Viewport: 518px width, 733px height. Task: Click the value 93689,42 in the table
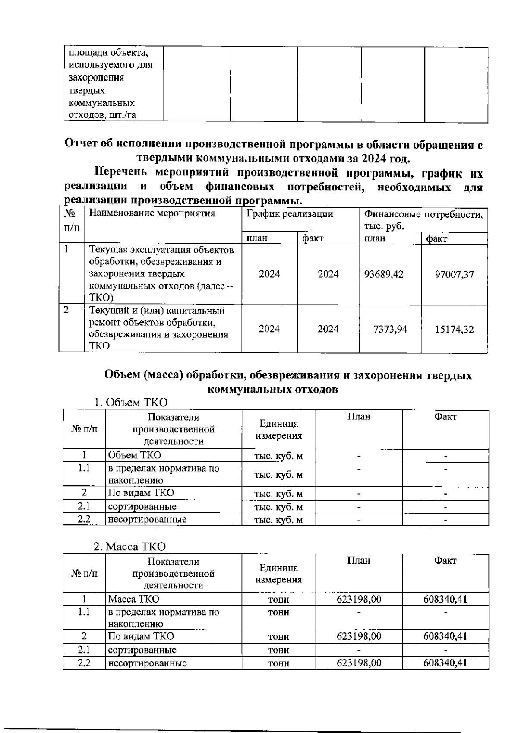[x=384, y=274]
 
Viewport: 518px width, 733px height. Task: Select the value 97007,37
[x=454, y=274]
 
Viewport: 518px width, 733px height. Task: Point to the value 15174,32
[x=454, y=330]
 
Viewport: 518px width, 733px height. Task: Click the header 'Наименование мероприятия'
[x=152, y=213]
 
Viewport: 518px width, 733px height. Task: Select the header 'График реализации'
[x=289, y=214]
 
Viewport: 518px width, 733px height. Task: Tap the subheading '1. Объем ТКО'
[x=131, y=403]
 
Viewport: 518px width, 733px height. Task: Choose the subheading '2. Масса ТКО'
[x=130, y=546]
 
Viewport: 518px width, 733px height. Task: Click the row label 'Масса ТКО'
[x=133, y=599]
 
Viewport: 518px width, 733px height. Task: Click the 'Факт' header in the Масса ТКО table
[x=445, y=561]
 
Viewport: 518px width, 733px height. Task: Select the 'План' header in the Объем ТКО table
[x=359, y=416]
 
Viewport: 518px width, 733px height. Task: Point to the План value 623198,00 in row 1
[x=359, y=599]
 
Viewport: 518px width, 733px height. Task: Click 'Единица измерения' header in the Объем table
[x=278, y=430]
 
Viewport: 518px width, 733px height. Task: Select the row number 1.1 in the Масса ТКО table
[x=84, y=612]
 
